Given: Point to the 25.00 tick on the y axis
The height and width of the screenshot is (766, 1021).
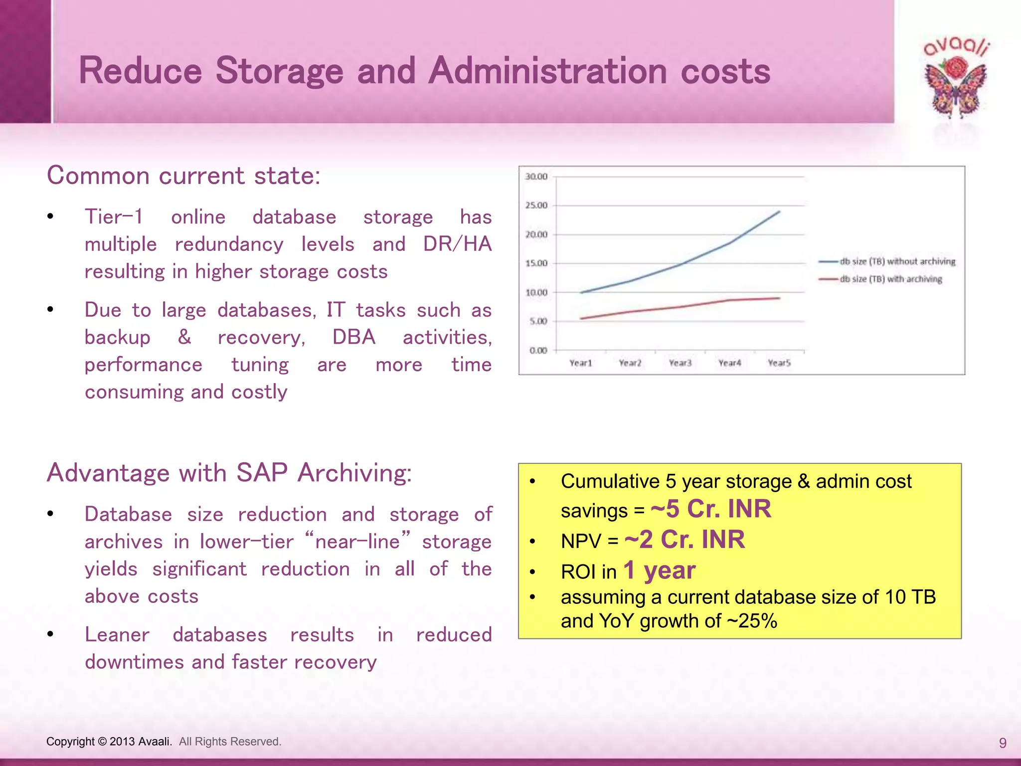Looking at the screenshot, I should pyautogui.click(x=536, y=205).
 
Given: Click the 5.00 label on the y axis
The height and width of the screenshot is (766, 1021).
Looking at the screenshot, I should pyautogui.click(x=538, y=321).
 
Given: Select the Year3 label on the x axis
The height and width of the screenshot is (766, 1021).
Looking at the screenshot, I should pyautogui.click(x=680, y=363).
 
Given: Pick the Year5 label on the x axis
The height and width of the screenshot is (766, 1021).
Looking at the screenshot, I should pyautogui.click(x=779, y=363).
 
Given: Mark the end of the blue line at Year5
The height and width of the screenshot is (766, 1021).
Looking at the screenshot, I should pyautogui.click(x=780, y=211).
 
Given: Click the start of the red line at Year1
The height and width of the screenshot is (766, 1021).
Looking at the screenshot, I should pyautogui.click(x=581, y=318).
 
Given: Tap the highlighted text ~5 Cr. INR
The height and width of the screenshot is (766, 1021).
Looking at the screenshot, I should pyautogui.click(x=711, y=509).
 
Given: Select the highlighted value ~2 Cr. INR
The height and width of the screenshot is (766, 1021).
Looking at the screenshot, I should pyautogui.click(x=684, y=540).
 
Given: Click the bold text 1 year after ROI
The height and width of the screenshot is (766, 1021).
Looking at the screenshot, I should pyautogui.click(x=659, y=570).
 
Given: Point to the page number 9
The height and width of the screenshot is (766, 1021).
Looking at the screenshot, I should pyautogui.click(x=1003, y=743).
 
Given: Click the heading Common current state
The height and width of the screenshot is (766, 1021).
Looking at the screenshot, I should pyautogui.click(x=183, y=176).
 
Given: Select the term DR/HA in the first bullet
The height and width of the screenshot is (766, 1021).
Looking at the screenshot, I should pyautogui.click(x=457, y=244).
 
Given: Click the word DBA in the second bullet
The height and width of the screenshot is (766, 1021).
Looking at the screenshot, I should pyautogui.click(x=354, y=337).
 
